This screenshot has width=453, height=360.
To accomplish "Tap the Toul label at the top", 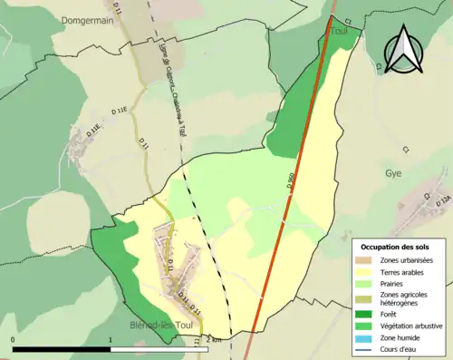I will pyautogui.click(x=340, y=29).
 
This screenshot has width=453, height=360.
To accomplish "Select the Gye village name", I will pyautogui.click(x=392, y=171).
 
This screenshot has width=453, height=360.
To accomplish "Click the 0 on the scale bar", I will pyautogui.click(x=14, y=339).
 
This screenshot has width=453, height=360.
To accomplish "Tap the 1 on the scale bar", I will pyautogui.click(x=111, y=339).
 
